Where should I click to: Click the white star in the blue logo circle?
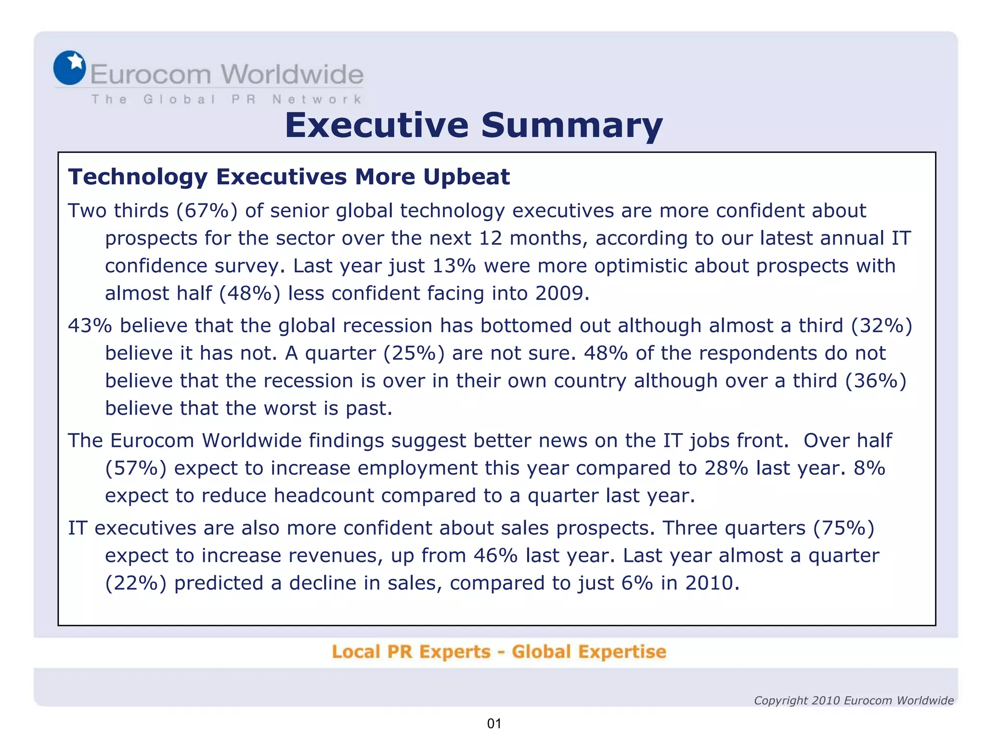pyautogui.click(x=76, y=61)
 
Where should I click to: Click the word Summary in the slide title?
pyautogui.click(x=571, y=125)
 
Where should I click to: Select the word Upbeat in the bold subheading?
pyautogui.click(x=466, y=177)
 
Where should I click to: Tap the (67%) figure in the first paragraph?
pyautogui.click(x=207, y=211)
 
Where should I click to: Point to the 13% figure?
pyautogui.click(x=454, y=266)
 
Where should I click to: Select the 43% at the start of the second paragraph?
pyautogui.click(x=90, y=326)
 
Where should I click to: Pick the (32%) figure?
pyautogui.click(x=882, y=326)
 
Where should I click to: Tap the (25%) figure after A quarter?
pyautogui.click(x=414, y=353)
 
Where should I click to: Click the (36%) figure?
pyautogui.click(x=876, y=381)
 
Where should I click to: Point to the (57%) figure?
pyautogui.click(x=136, y=468)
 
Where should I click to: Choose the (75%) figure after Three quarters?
pyautogui.click(x=843, y=528)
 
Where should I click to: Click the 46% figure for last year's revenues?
pyautogui.click(x=495, y=555)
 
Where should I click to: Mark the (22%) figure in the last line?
pyautogui.click(x=136, y=583)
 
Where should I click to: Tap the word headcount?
pyautogui.click(x=324, y=495)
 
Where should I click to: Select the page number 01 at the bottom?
pyautogui.click(x=494, y=724)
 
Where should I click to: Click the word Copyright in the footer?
pyautogui.click(x=780, y=701)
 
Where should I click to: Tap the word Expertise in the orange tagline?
pyautogui.click(x=622, y=651)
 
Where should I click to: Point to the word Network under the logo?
pyautogui.click(x=317, y=99)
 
